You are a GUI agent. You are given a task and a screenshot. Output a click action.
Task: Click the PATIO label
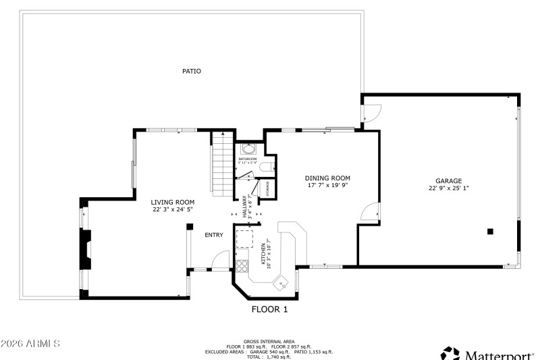click(x=192, y=71)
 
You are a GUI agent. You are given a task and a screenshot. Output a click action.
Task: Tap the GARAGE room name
click(x=448, y=181)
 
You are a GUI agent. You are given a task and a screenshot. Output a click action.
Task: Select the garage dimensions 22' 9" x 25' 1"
click(x=448, y=188)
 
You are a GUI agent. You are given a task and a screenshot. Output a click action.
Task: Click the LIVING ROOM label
click(x=173, y=202)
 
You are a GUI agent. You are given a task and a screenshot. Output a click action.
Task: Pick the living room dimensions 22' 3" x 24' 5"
click(x=173, y=209)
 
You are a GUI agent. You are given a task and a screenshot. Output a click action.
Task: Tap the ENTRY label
click(x=214, y=235)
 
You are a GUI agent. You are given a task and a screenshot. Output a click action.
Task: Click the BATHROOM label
click(x=247, y=159)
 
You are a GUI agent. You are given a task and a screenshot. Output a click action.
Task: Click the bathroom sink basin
click(x=249, y=149)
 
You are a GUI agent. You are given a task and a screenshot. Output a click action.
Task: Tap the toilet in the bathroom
click(x=266, y=166)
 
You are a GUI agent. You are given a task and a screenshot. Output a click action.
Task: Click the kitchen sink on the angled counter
click(x=281, y=283)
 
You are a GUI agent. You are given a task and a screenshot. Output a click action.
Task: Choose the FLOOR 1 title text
click(x=270, y=310)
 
